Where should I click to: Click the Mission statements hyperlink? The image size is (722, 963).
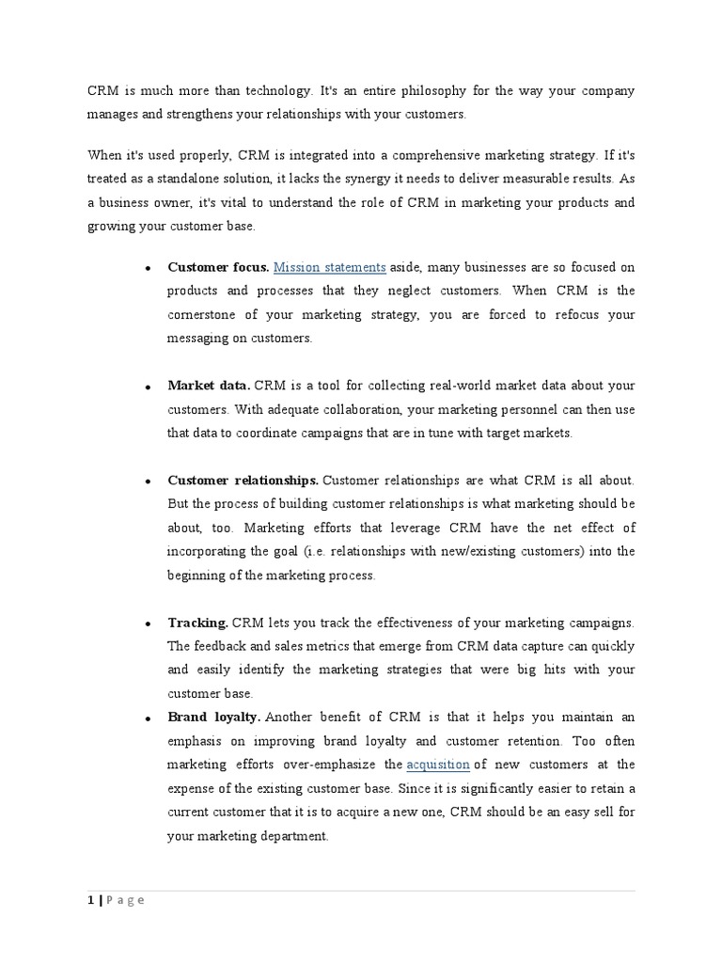point(330,267)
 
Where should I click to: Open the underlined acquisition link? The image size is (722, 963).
point(438,765)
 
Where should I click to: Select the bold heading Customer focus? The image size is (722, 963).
point(218,267)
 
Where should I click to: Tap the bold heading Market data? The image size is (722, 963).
point(209,386)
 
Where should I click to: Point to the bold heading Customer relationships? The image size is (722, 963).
point(243,481)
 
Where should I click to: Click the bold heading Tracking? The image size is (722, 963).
point(197,623)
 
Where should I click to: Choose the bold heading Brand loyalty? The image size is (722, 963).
point(213,718)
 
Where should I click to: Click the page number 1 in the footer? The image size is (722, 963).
point(90,900)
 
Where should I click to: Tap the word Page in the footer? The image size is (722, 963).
point(125,900)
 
